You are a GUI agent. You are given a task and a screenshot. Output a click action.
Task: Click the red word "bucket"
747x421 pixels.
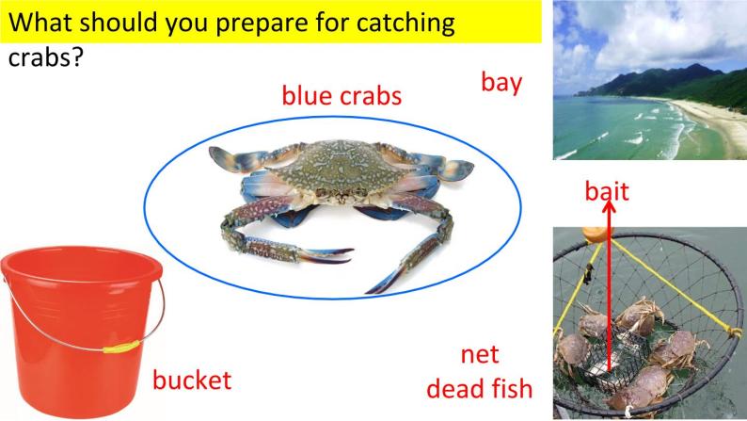tap(191, 381)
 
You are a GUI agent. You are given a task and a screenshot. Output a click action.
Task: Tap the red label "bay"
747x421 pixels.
tap(501, 83)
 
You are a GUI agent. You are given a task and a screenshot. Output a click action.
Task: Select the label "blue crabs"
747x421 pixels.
tap(342, 95)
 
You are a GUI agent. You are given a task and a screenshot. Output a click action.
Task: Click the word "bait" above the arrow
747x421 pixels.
tap(607, 192)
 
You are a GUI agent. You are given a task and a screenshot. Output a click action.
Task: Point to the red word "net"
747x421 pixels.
tap(480, 356)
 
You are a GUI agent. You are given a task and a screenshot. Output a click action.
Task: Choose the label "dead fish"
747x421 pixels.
tap(479, 387)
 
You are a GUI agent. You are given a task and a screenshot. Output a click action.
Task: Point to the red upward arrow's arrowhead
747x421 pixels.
tap(609, 211)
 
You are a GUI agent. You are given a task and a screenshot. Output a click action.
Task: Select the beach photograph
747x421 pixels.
tap(649, 80)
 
